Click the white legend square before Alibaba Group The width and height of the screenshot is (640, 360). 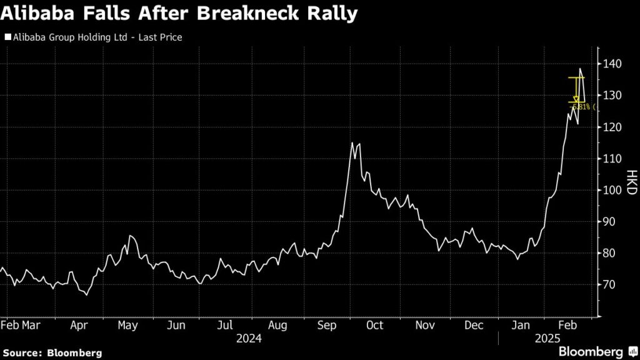pos(7,37)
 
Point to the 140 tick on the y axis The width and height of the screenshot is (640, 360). pos(612,64)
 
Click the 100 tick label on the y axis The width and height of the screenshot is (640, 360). pos(612,190)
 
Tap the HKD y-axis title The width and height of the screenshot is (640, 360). pos(631,182)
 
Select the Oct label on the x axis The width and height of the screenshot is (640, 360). pos(374,326)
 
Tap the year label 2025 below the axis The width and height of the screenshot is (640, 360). pos(547,338)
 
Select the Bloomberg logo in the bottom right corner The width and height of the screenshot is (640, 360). pos(591,351)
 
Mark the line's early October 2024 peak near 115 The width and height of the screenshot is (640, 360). pos(352,143)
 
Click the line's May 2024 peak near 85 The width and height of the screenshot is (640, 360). pos(129,236)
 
